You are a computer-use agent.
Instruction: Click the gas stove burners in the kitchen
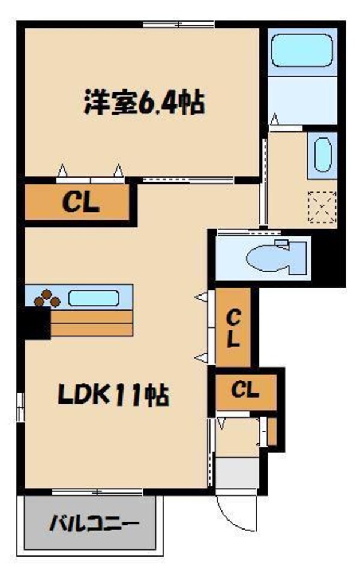(x=46, y=298)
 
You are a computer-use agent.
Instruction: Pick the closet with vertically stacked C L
(x=233, y=327)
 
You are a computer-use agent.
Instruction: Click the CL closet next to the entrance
(x=244, y=391)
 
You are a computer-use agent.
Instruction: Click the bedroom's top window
(x=178, y=25)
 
